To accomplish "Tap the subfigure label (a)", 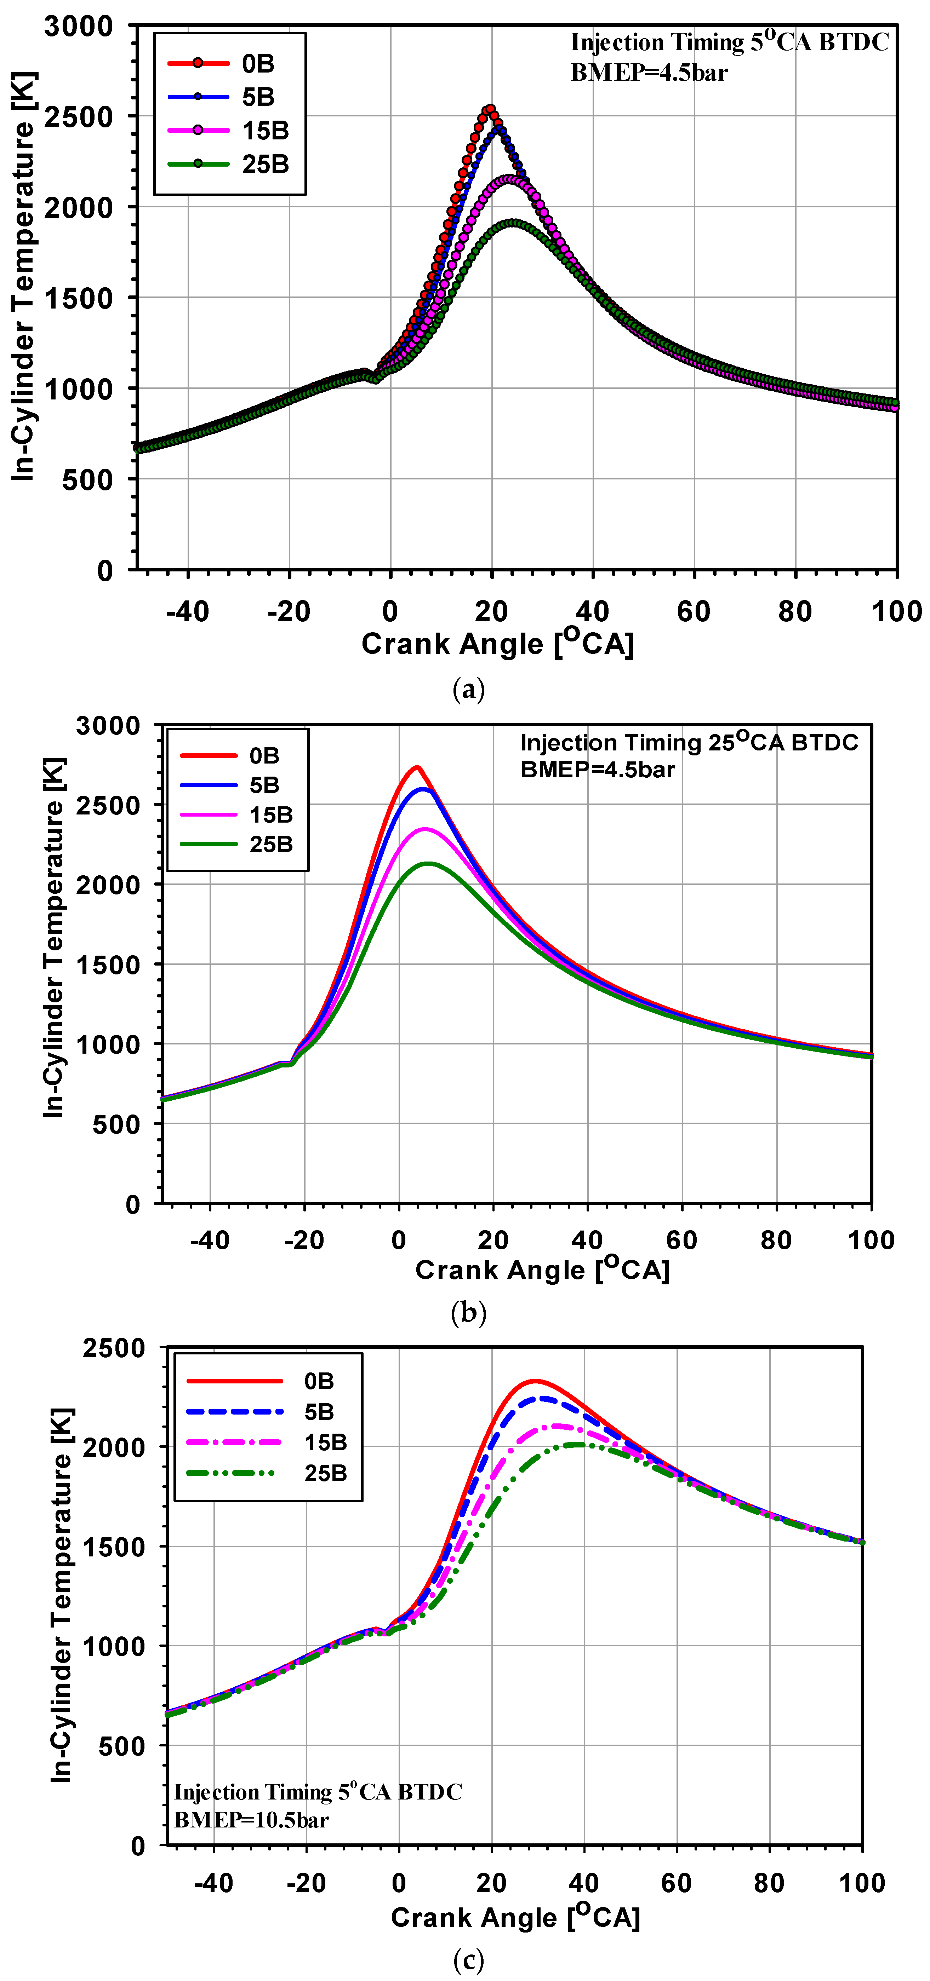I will [468, 689].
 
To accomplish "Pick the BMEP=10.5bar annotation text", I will [252, 1820].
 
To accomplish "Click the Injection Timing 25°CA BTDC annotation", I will [689, 743].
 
